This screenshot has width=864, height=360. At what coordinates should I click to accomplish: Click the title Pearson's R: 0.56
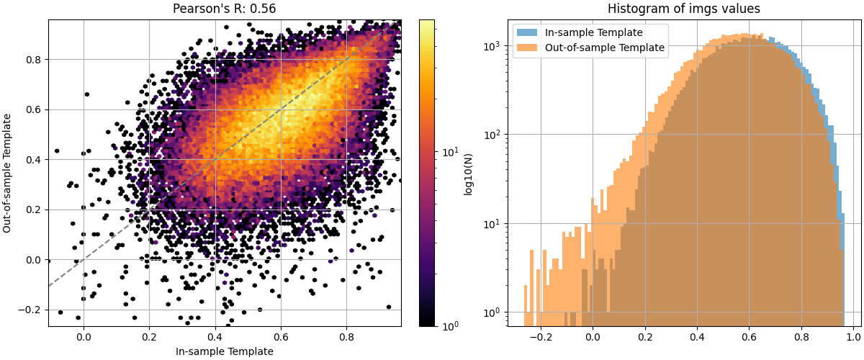coord(225,9)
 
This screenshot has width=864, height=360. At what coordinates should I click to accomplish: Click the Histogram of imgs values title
coord(684,9)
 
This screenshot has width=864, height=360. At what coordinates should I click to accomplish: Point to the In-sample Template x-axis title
coord(225,351)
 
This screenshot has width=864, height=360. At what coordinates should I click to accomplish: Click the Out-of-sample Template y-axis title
coord(8,173)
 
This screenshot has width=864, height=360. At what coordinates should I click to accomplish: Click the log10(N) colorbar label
coord(469,173)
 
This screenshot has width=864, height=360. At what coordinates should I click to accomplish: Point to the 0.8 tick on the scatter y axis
coord(34,59)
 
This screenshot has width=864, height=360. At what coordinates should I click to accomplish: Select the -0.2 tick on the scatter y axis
coord(32,310)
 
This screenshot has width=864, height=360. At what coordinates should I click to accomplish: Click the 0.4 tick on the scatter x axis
coord(215,336)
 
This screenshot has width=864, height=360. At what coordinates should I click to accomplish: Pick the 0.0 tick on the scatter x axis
coord(84,336)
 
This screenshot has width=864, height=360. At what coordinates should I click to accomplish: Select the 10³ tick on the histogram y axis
coord(492,45)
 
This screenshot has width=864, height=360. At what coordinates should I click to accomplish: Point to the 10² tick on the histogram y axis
coord(492,135)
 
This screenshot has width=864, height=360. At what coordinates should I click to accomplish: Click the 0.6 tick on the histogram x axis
coord(749,336)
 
